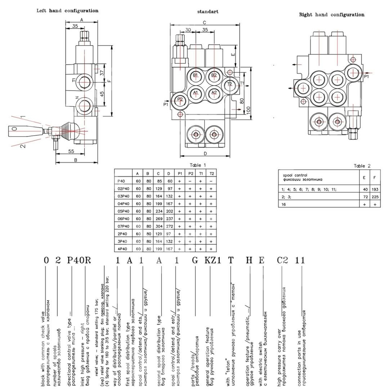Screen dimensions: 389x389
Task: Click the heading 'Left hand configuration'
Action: coord(67,11)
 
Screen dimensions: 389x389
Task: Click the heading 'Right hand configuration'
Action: coord(331,15)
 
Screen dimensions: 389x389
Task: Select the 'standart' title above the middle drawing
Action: coord(208,12)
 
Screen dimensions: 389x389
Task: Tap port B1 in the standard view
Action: coord(196,75)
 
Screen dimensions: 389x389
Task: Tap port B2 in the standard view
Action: coord(213,75)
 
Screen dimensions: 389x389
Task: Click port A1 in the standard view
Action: coord(196,93)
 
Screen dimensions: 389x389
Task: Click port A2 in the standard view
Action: coord(213,93)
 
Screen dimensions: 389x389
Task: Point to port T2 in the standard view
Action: coord(230,84)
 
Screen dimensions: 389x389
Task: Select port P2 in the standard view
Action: coord(180,100)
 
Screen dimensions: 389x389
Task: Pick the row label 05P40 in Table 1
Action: coord(123,211)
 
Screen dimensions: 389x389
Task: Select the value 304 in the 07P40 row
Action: coord(159,226)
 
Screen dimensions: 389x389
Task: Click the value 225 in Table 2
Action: coord(375,197)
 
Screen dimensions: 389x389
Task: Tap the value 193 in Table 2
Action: coord(375,189)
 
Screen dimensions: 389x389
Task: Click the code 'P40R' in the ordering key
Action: coord(79,261)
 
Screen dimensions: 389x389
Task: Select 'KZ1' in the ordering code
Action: coord(212,261)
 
